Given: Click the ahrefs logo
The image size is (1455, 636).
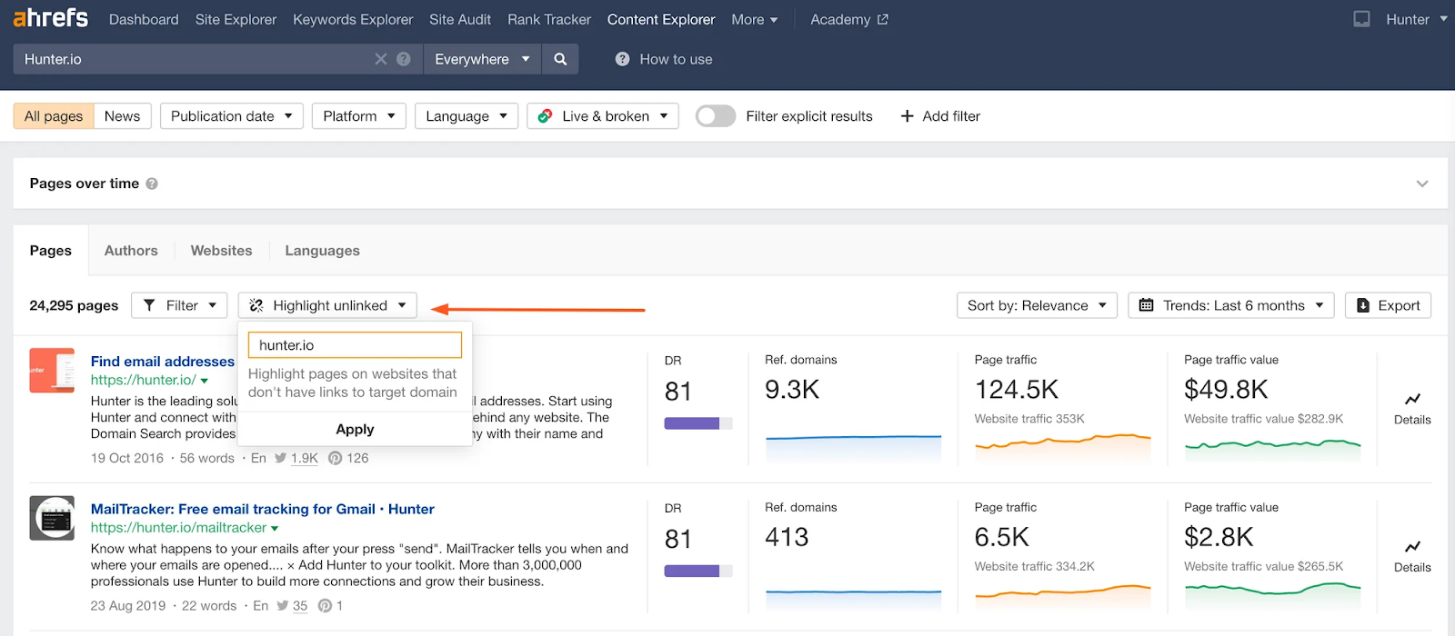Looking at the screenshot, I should [51, 18].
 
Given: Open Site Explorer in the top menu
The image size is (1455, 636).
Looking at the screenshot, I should [236, 19].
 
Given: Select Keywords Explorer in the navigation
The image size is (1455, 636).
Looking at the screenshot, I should [353, 19].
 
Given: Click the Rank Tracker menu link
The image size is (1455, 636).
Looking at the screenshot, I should [549, 19].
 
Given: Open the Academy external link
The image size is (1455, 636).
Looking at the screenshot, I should [848, 19].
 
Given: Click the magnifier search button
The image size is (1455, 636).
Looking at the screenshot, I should [560, 59].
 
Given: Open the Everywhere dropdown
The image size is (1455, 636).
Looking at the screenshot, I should [482, 59].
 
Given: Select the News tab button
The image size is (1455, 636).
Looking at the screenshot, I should [122, 116].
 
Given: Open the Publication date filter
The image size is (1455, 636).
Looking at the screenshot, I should [231, 116].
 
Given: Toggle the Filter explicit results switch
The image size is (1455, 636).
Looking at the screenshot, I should [716, 116].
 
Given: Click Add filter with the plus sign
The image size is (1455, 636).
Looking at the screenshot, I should [940, 116].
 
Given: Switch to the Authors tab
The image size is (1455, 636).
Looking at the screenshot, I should [131, 251].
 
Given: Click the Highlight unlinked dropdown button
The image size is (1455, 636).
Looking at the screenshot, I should [327, 305].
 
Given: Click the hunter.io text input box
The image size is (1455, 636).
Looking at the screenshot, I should [355, 345].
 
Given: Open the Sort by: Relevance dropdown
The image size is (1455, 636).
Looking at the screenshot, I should [1037, 305].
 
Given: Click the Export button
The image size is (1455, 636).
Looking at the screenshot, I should [1388, 305].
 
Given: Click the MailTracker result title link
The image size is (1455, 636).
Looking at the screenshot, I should [262, 509].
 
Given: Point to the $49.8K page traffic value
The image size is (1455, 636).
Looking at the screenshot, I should [1226, 390].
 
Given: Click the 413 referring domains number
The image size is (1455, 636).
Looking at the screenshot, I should [787, 538].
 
